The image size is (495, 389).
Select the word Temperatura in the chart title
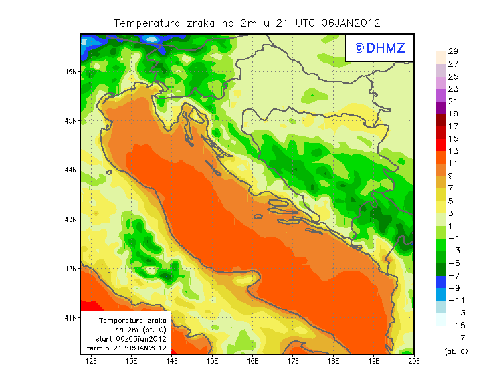coord(148,23)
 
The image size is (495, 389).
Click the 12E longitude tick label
coord(92,362)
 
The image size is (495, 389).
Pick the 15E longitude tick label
coord(213,362)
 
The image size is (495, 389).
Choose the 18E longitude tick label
coord(334,362)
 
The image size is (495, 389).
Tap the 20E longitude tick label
coord(414,362)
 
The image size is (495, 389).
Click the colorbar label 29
coord(452,51)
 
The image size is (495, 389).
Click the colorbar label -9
coord(452,288)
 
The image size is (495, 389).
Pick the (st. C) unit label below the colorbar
coord(456,351)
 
